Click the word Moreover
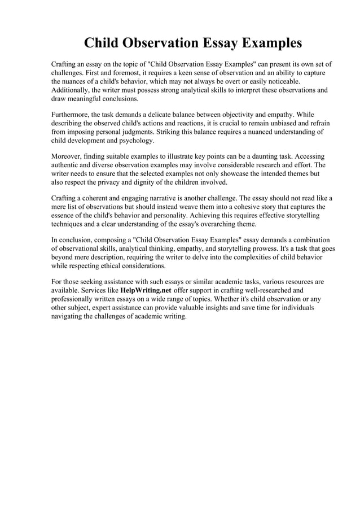pos(67,156)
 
